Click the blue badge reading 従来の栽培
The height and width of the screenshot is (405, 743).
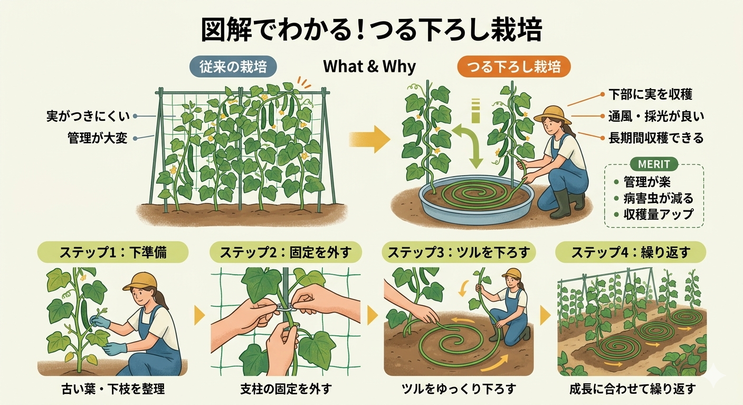pyautogui.click(x=233, y=66)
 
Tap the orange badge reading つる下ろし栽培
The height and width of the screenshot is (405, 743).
pyautogui.click(x=514, y=66)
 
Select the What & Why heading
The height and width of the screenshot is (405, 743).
pyautogui.click(x=369, y=66)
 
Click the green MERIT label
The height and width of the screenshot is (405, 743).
pyautogui.click(x=654, y=164)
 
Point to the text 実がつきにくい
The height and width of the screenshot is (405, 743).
pyautogui.click(x=88, y=117)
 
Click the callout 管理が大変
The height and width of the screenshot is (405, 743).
pyautogui.click(x=97, y=138)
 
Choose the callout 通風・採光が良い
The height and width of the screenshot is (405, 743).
pyautogui.click(x=656, y=117)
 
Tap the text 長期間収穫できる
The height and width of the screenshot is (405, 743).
pyautogui.click(x=656, y=138)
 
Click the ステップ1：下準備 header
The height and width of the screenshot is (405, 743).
pyautogui.click(x=113, y=252)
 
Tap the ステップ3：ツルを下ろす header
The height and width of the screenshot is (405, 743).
pyautogui.click(x=459, y=252)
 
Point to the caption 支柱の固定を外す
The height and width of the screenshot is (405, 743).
pyautogui.click(x=286, y=389)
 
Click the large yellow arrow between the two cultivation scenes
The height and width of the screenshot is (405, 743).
pyautogui.click(x=369, y=139)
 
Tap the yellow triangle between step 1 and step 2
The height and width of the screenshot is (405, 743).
pyautogui.click(x=199, y=315)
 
